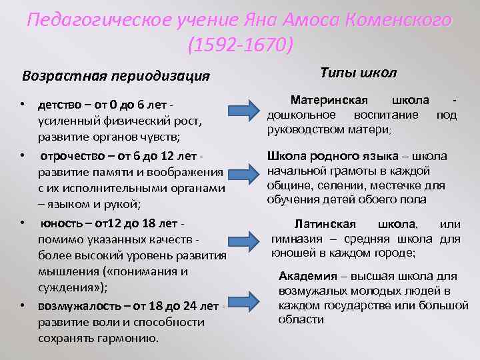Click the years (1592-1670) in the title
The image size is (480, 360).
pyautogui.click(x=240, y=46)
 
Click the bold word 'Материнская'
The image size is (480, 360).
pyautogui.click(x=329, y=100)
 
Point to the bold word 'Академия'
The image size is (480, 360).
pyautogui.click(x=307, y=275)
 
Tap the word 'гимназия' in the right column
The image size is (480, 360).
pyautogui.click(x=296, y=239)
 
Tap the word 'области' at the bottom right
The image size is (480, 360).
pyautogui.click(x=301, y=319)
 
